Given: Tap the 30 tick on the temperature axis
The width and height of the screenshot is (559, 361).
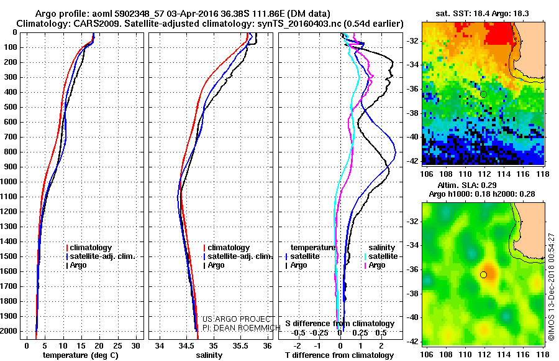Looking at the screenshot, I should [136, 345].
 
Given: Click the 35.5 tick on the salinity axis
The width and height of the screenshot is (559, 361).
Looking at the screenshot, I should [240, 345].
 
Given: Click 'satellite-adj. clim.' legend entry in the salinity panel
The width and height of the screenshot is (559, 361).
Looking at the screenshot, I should [239, 256].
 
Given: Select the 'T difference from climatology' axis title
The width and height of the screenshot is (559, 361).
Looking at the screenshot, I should [339, 355].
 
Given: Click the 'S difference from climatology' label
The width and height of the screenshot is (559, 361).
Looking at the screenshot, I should [339, 324].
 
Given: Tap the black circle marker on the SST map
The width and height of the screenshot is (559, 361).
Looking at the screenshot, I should [483, 94].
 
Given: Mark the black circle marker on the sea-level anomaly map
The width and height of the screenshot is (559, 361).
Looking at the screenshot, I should [483, 274].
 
